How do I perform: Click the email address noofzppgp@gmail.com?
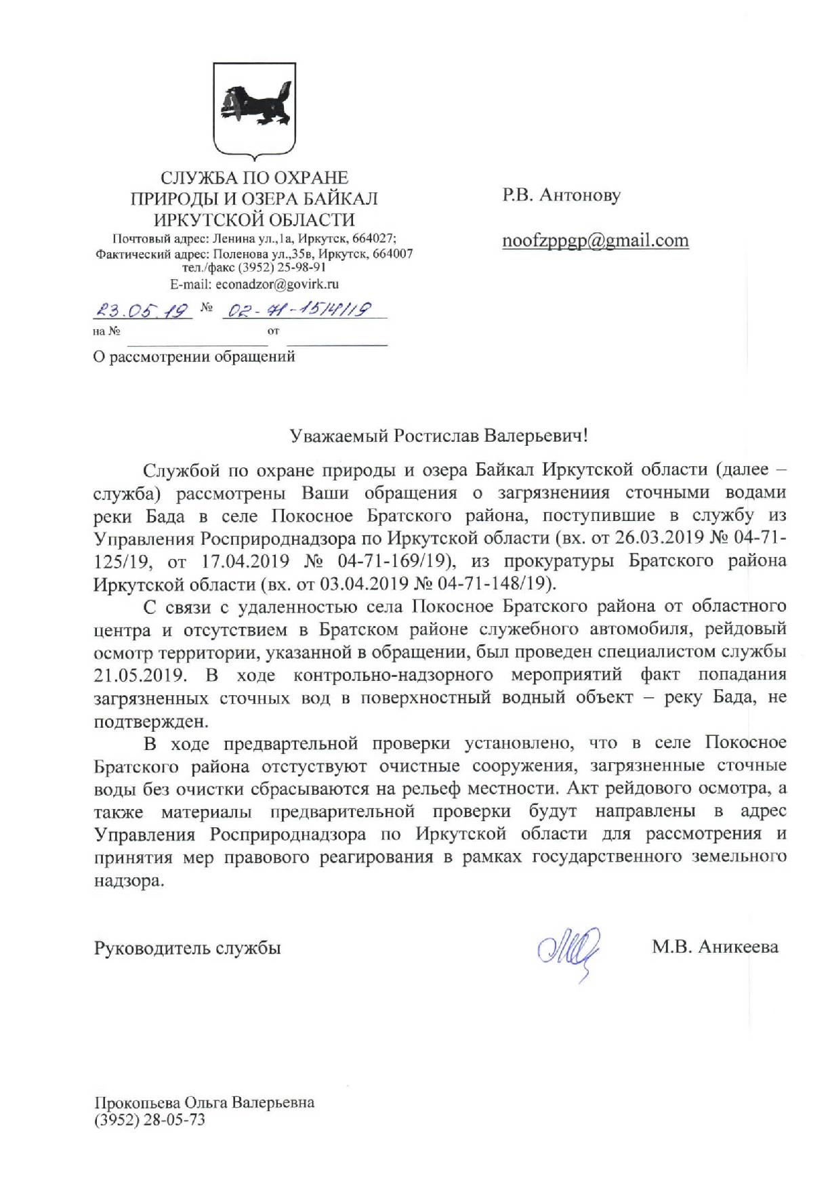click(595, 241)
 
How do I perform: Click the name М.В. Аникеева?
click(715, 947)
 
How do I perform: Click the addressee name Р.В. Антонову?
click(561, 196)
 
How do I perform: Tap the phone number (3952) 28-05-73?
click(150, 1120)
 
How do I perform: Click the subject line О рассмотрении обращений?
click(194, 356)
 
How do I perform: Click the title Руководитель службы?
click(187, 947)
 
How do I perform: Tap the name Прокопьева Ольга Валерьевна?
click(204, 1102)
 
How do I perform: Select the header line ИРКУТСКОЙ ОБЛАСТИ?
click(254, 220)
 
